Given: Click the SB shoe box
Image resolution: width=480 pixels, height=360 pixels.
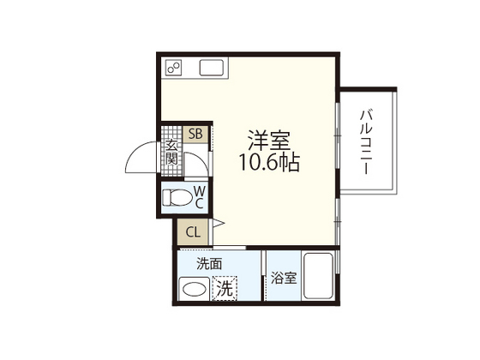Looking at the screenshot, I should [x=195, y=134].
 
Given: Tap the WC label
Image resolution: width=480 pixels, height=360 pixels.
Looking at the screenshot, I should [x=199, y=196].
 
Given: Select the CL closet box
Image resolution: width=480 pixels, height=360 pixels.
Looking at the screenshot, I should [x=191, y=231].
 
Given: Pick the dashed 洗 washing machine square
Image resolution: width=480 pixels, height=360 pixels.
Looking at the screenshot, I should [x=224, y=289].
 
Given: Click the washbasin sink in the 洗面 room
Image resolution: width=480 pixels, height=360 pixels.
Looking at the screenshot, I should [x=192, y=290].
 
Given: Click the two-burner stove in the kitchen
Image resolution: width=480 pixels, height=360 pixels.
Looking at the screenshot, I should [x=175, y=68].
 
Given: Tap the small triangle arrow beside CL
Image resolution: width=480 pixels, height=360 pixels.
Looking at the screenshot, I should [x=219, y=225].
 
